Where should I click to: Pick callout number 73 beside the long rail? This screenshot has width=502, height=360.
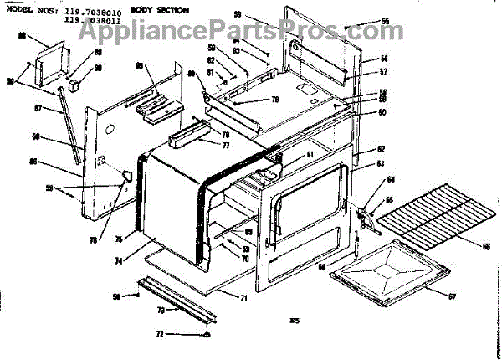click(x=160, y=309)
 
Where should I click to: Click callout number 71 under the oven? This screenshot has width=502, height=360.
click(x=244, y=298)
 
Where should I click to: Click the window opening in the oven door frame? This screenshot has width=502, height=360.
click(x=311, y=199)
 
